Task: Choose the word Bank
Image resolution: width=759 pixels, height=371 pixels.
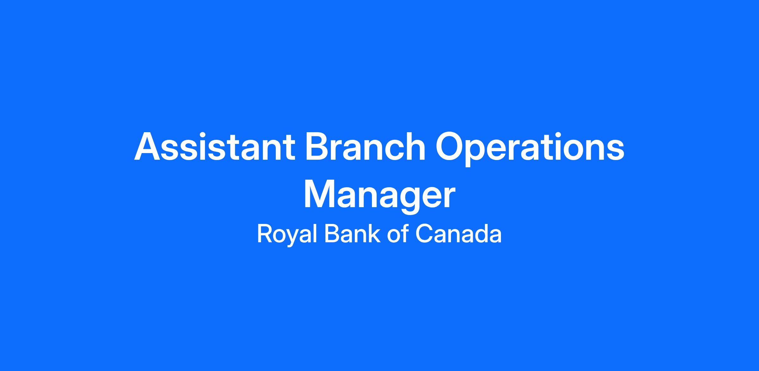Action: tap(352, 234)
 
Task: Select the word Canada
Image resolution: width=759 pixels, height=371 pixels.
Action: tap(458, 234)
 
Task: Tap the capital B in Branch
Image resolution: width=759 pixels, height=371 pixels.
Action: tap(318, 146)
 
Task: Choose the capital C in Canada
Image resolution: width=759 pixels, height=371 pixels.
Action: tap(423, 234)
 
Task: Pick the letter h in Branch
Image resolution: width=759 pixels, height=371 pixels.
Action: tap(414, 146)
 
